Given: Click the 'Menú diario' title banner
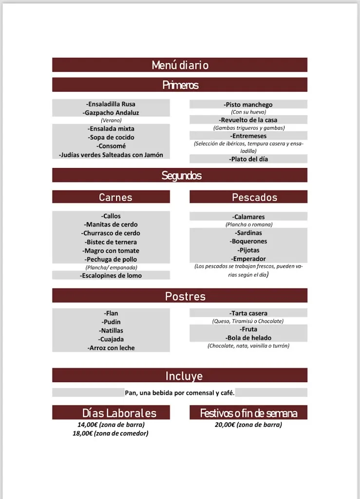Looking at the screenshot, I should tap(180, 65).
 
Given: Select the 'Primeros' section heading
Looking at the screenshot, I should tap(180, 85).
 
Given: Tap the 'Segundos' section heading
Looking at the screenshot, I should tap(180, 175).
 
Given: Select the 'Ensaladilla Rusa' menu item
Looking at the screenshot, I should tap(111, 104).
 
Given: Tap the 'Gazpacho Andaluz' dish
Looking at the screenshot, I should tap(111, 113).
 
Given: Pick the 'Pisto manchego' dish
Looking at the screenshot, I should tap(248, 105).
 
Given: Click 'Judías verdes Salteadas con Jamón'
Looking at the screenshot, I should tap(111, 155).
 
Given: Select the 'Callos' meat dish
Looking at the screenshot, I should tap(111, 216).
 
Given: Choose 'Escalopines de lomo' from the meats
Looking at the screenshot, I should tap(111, 275).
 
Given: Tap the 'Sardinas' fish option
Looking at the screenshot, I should tap(248, 233).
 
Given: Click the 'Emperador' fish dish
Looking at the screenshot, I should tap(248, 259).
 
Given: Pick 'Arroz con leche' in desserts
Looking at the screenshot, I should tap(111, 348).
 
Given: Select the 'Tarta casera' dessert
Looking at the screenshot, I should tap(248, 313).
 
